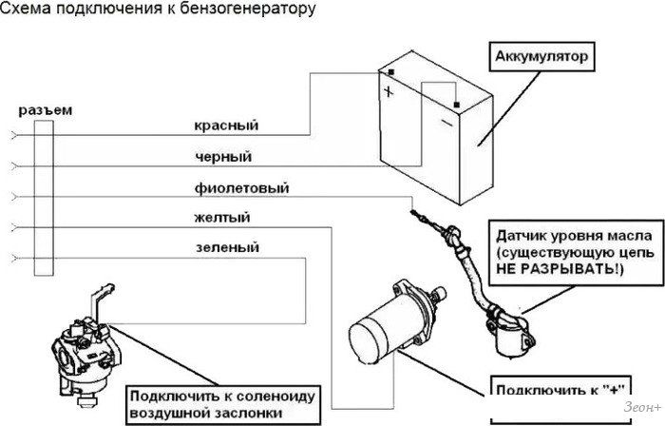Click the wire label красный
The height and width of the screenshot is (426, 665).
pyautogui.click(x=226, y=126)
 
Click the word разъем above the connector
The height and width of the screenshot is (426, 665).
pyautogui.click(x=45, y=109)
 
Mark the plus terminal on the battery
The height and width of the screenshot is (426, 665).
pyautogui.click(x=389, y=92)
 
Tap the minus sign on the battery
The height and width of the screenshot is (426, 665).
pyautogui.click(x=445, y=121)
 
